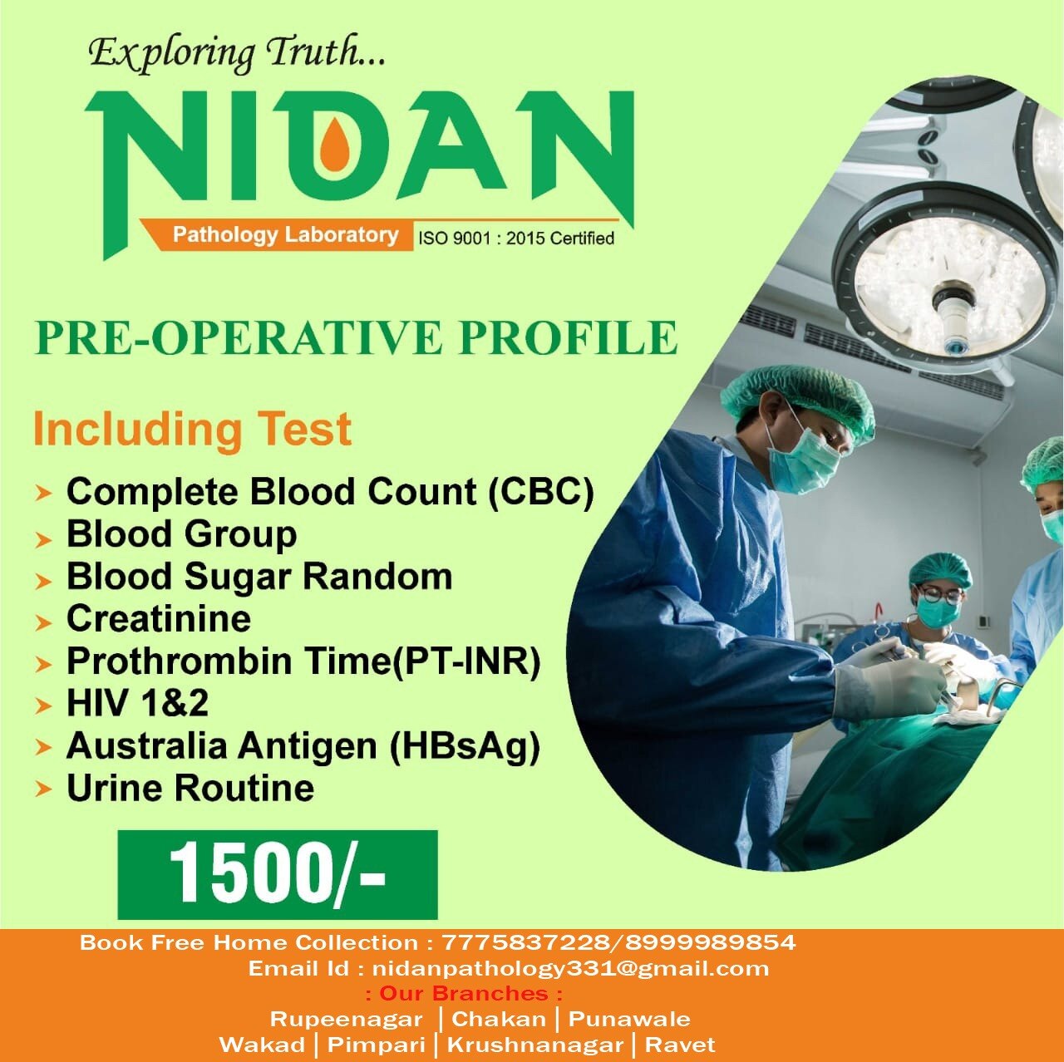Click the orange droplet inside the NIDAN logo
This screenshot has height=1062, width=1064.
(x=331, y=145)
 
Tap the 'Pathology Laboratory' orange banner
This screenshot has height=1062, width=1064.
(x=276, y=235)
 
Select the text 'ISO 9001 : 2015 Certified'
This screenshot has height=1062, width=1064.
(x=515, y=238)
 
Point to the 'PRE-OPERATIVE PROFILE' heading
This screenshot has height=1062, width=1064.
(x=356, y=337)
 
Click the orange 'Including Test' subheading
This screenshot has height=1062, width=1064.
(x=192, y=429)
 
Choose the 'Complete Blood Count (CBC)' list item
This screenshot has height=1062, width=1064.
(x=330, y=491)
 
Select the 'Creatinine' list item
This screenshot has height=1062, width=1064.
(x=159, y=618)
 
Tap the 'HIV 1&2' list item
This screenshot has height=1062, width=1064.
(x=137, y=703)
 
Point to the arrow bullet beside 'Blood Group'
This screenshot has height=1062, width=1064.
(x=43, y=540)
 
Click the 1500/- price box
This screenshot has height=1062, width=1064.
(x=277, y=874)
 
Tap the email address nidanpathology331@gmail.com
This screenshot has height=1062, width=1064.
(x=570, y=968)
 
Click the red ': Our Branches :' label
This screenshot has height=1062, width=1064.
(x=464, y=994)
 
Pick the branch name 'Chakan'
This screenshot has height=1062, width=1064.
(x=499, y=1019)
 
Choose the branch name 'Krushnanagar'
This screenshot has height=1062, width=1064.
(x=534, y=1045)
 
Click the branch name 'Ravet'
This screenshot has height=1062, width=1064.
(x=680, y=1045)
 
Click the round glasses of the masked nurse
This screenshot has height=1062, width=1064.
(x=938, y=596)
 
